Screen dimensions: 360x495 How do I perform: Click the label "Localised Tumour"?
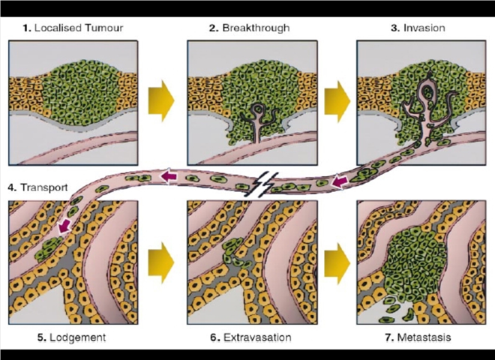(79, 28)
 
